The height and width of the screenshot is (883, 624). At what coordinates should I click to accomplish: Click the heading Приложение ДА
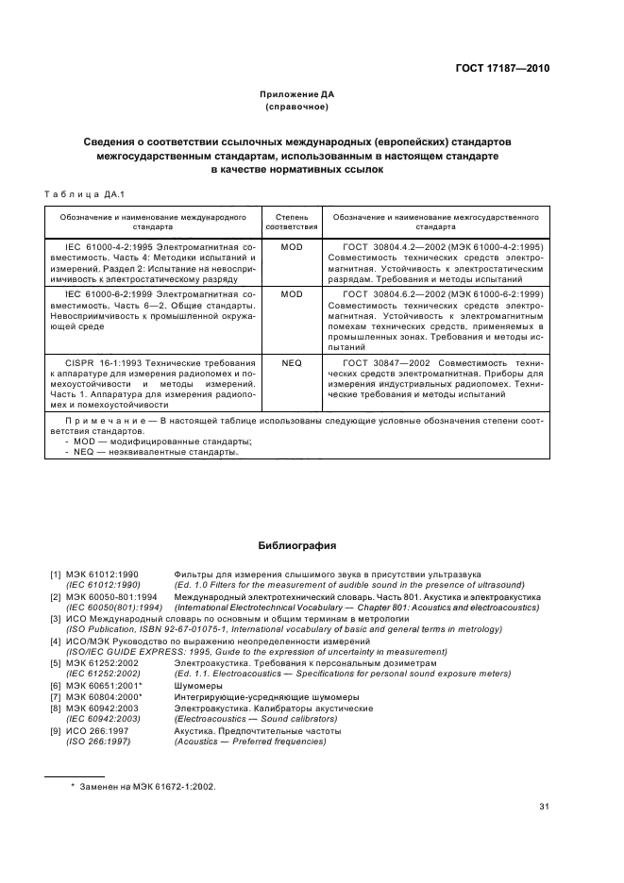tap(297, 95)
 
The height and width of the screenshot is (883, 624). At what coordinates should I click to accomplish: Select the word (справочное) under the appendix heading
tap(297, 108)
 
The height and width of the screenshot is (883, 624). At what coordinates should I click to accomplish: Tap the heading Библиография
tap(297, 545)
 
